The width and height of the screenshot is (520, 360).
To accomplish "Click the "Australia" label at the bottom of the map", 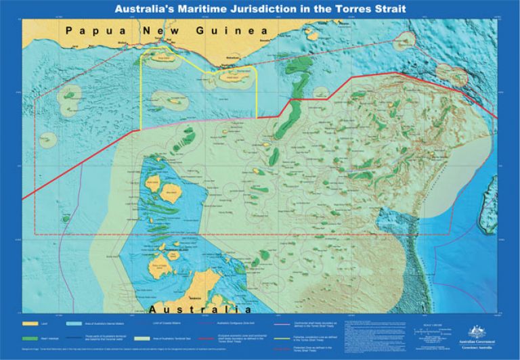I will click(195, 309).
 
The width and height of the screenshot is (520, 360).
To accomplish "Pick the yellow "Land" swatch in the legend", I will click(30, 324).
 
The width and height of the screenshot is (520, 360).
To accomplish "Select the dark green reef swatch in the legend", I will click(30, 337).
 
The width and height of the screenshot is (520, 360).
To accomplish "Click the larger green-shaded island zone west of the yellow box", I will click(68, 98).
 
